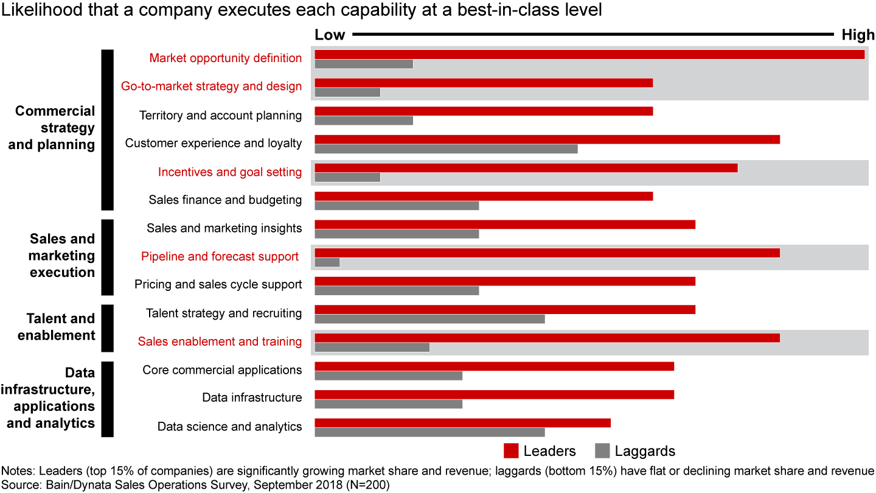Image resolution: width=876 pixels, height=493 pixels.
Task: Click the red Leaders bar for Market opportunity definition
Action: click(589, 54)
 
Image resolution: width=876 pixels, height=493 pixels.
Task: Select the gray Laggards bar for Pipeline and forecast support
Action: click(327, 262)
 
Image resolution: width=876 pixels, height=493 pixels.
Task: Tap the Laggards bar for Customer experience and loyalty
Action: click(446, 149)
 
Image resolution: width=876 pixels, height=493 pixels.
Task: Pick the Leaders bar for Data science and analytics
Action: click(462, 423)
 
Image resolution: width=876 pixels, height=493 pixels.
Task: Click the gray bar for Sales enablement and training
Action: click(372, 348)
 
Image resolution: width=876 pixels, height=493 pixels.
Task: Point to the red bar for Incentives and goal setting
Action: click(526, 168)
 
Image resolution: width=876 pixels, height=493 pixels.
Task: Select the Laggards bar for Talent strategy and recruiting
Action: click(429, 319)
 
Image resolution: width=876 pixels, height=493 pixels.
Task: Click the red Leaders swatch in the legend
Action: click(511, 451)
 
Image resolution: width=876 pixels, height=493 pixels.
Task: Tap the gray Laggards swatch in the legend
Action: click(602, 451)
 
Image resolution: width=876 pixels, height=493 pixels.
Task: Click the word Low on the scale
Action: click(330, 35)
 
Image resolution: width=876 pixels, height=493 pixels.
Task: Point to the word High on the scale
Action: click(858, 35)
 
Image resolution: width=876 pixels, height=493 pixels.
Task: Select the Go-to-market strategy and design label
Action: click(211, 86)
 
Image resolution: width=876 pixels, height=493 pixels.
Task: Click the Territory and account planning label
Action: click(220, 115)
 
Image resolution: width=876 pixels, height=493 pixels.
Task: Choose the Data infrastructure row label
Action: click(252, 398)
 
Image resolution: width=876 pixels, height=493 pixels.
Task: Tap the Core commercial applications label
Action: click(222, 370)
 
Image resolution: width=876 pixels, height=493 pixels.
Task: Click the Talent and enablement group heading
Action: click(60, 327)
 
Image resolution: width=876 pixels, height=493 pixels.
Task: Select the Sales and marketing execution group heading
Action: click(62, 256)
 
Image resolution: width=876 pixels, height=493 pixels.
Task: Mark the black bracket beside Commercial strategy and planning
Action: click(107, 130)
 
